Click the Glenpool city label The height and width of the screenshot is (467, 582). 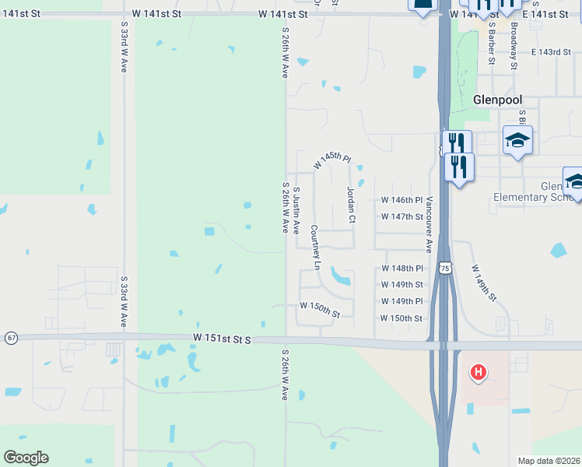pos(497,100)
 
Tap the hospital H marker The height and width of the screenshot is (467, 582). pos(479,374)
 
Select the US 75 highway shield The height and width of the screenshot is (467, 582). pos(444,267)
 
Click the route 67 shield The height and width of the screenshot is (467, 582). pos(11,337)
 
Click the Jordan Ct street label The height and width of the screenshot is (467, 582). pos(351,205)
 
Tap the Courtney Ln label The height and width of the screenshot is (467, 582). pos(315,248)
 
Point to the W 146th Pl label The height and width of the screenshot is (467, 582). pos(401,200)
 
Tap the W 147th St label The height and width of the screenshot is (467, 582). pos(401,216)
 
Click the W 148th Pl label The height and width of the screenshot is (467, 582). pos(401,269)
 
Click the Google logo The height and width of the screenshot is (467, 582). pos(26,458)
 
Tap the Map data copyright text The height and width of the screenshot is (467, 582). pos(549,461)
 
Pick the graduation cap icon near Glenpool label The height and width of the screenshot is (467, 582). pos(517,141)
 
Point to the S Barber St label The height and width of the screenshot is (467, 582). pos(492,42)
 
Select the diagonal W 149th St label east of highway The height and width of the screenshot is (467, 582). pos(483,283)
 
